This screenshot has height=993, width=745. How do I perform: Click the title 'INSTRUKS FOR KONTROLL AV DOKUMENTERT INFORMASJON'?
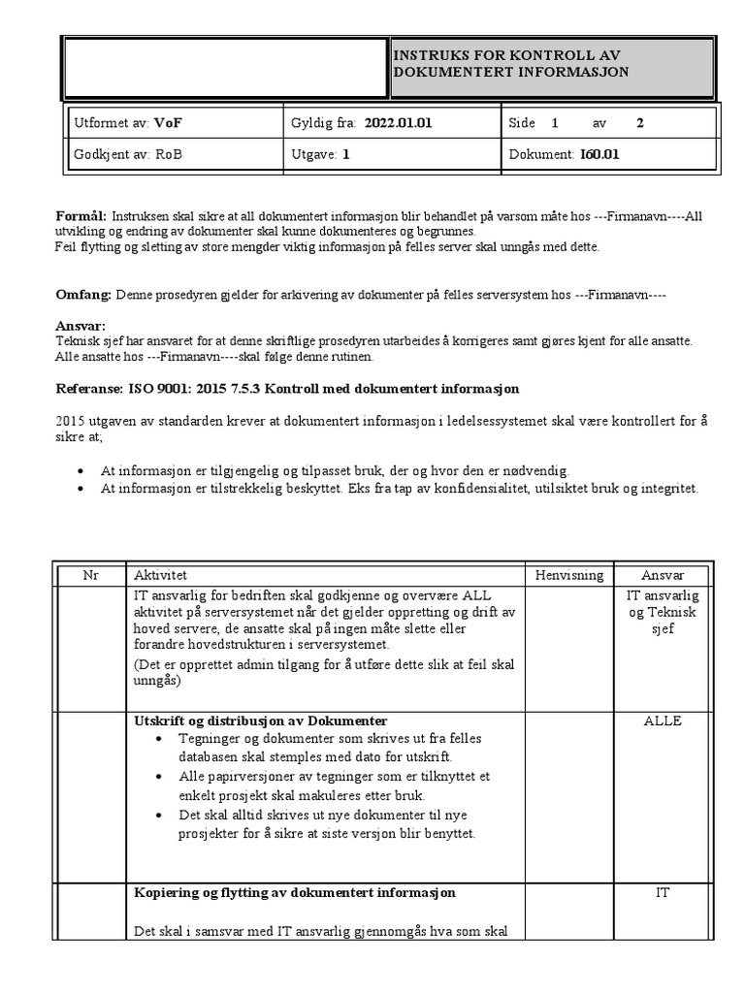tap(510, 64)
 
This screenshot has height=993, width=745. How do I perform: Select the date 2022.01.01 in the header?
tap(398, 123)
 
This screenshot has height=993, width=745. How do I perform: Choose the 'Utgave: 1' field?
tap(319, 154)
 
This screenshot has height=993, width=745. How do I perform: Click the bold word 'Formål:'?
tap(80, 215)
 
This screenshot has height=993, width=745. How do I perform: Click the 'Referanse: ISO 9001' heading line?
tap(286, 389)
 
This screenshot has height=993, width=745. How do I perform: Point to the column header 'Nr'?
tap(90, 575)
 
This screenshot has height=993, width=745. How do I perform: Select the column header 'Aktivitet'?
tap(161, 575)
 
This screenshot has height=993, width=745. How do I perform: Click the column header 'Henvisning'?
tap(568, 575)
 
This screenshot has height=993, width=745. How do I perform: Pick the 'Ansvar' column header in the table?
tap(662, 575)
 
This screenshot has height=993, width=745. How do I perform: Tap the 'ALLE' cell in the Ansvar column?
tap(662, 721)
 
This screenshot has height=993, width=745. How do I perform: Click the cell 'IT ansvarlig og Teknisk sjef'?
tap(662, 612)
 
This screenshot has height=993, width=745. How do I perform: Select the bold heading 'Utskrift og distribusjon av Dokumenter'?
tap(260, 721)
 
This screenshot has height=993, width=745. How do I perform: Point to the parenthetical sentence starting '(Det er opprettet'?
tap(324, 673)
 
